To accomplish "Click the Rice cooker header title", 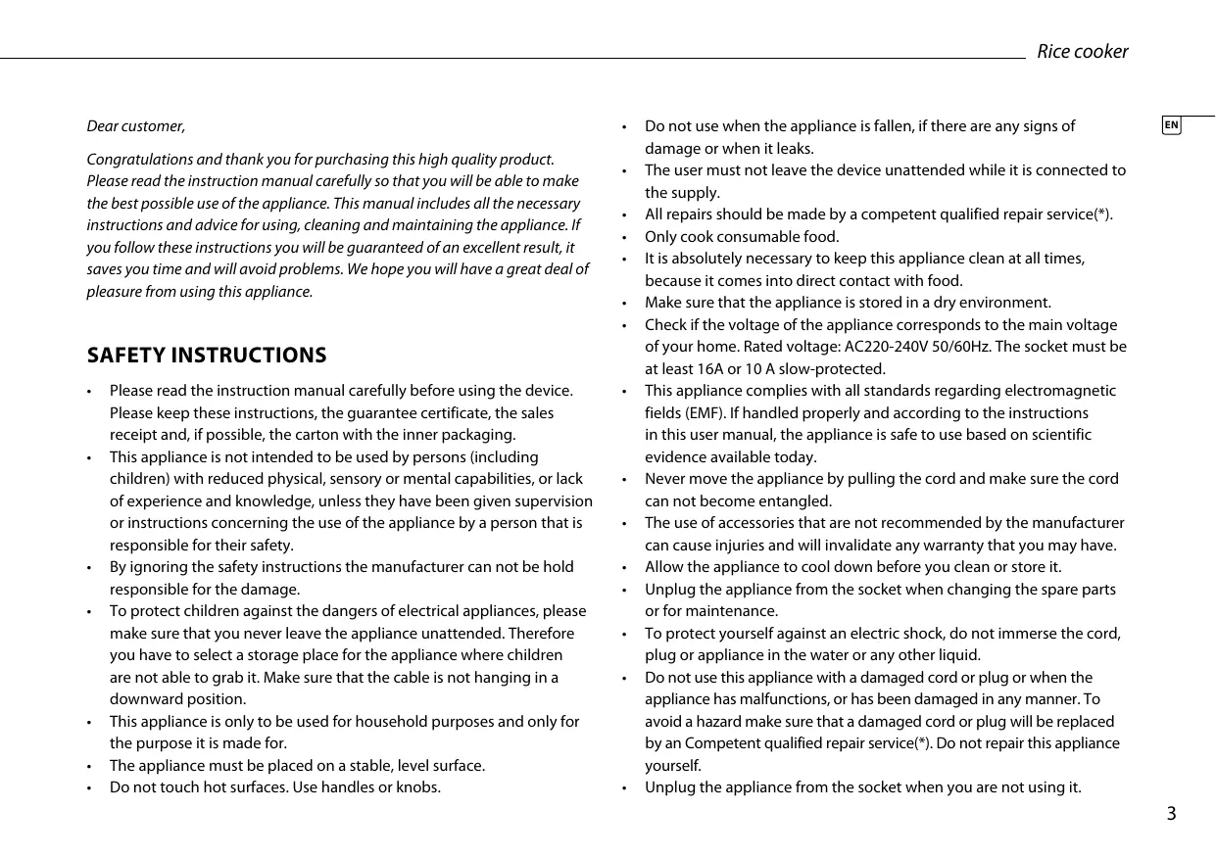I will point(1082,52).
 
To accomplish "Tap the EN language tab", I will point(1172,125).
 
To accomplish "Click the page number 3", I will point(1171,814).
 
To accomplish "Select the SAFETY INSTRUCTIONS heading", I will point(207,355).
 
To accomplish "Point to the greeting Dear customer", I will point(136,126).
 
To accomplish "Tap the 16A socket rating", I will point(706,369).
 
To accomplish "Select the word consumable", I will point(756,237).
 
